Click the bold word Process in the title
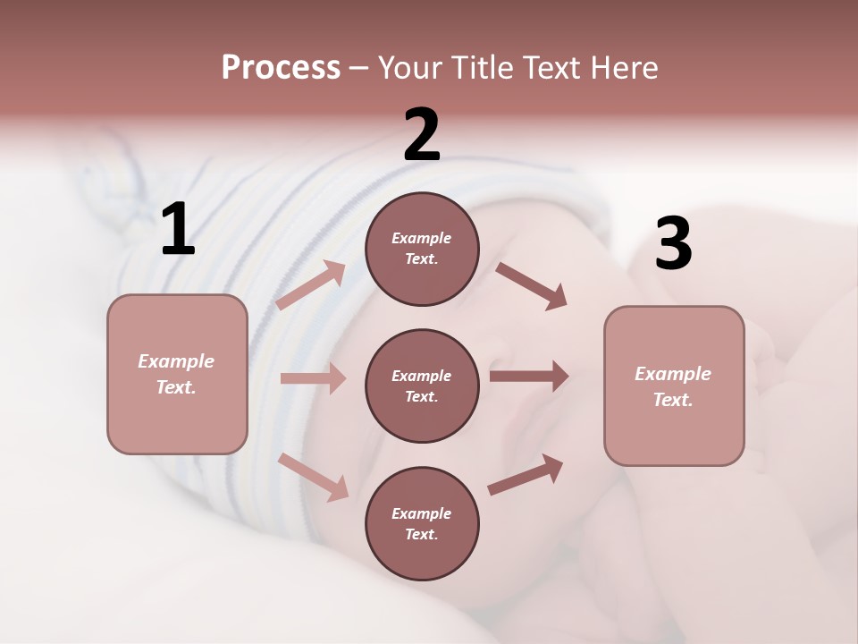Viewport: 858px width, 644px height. (281, 68)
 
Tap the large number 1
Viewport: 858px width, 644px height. (178, 230)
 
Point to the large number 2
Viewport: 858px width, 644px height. (422, 135)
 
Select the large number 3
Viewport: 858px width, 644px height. (674, 244)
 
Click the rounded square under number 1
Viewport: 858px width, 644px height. (177, 374)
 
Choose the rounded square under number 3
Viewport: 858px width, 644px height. (674, 386)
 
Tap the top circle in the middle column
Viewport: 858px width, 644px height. (422, 249)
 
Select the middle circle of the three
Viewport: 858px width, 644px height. (422, 386)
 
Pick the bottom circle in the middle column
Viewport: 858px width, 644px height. (422, 523)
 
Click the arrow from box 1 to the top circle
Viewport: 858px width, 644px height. (310, 285)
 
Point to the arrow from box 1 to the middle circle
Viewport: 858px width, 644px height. (312, 378)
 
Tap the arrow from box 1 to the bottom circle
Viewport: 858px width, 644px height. (313, 476)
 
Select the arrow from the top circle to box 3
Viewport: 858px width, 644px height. (532, 285)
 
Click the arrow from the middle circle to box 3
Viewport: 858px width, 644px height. (529, 376)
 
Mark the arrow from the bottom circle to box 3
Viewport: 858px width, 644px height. (526, 474)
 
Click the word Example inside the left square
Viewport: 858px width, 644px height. (176, 361)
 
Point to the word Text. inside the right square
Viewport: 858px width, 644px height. (673, 400)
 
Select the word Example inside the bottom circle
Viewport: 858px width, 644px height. (422, 513)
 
